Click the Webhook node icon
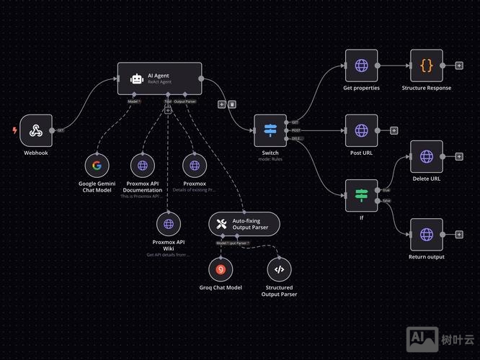click(37, 130)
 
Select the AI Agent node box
click(160, 78)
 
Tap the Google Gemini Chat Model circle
click(97, 165)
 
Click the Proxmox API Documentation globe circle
click(143, 165)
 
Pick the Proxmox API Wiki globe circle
click(169, 224)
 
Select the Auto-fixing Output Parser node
click(244, 224)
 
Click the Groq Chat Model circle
click(221, 269)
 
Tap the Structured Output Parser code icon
click(280, 269)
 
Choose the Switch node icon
click(270, 130)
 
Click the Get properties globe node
click(361, 66)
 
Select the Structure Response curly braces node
click(427, 66)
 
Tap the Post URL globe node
click(361, 130)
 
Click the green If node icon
click(361, 195)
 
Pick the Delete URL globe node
click(427, 157)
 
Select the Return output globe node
click(427, 235)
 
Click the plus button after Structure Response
click(459, 66)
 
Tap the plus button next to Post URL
click(394, 130)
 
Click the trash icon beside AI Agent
click(232, 104)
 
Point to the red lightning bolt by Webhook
click(15, 130)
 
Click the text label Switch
click(270, 153)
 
